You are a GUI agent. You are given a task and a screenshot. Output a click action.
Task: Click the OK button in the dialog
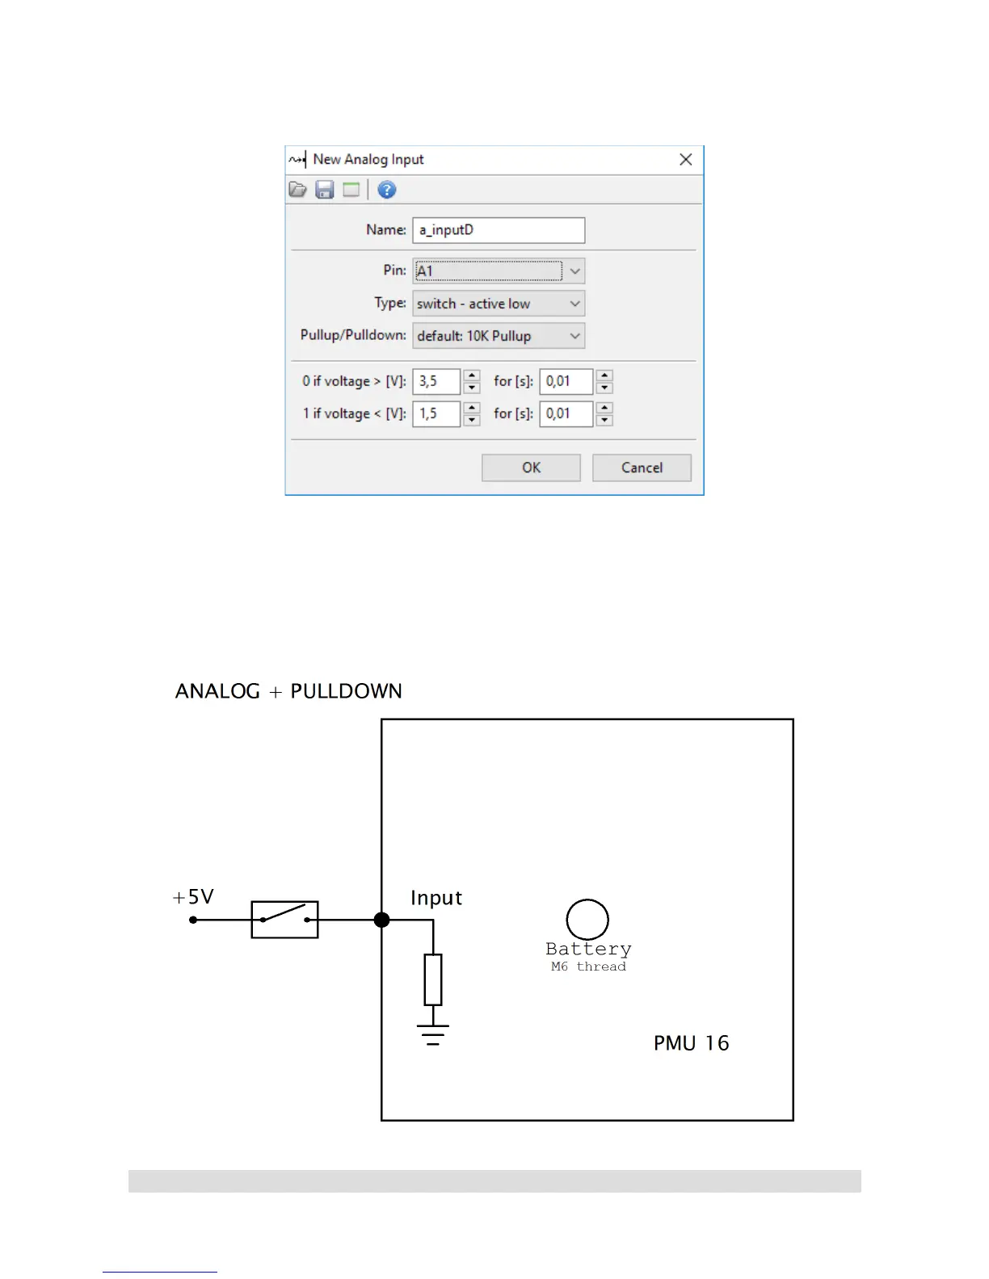coord(531,468)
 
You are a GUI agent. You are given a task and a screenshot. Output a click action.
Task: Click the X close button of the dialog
coord(685,160)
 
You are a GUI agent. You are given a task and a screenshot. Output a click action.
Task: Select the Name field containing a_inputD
coord(498,230)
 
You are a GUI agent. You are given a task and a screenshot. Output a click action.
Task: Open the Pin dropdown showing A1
coord(498,271)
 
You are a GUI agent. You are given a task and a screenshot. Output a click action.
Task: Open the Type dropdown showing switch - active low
coord(498,304)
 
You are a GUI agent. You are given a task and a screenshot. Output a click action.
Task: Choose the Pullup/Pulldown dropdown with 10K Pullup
coord(498,336)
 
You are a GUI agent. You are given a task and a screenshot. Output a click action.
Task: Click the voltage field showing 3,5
coord(436,381)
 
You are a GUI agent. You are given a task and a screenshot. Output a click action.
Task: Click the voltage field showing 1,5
coord(436,413)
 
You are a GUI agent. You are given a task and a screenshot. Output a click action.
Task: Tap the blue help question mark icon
coord(387,190)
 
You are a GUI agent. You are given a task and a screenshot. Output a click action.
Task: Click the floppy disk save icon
coord(325,190)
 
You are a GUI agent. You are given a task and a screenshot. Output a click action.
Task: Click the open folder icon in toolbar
coord(298,190)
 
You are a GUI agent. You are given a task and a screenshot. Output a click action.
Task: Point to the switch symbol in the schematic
coord(284,919)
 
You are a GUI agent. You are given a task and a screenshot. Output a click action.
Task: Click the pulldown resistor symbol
coord(433,979)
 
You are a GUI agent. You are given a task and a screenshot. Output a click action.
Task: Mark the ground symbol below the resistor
coord(433,1034)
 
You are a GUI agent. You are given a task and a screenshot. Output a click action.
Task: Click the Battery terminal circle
coord(587,919)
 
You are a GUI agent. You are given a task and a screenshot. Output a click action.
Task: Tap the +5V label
coord(193,897)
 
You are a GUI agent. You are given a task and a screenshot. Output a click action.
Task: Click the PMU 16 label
coord(691,1043)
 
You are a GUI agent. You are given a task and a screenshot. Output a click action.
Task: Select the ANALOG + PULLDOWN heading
coord(288,691)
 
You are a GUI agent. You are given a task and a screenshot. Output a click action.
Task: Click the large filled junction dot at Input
coord(382,920)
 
